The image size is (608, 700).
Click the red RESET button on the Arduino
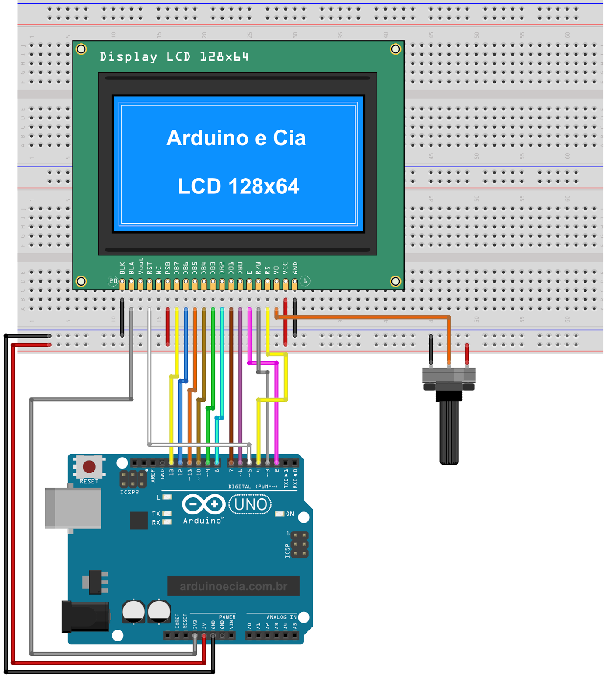pos(89,467)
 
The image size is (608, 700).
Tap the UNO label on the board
pos(250,505)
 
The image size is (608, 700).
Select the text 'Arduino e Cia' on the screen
pos(236,138)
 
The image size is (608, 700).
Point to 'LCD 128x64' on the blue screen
pos(238,186)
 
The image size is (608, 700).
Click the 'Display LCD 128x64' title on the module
pos(174,57)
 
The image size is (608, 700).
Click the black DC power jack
pos(86,616)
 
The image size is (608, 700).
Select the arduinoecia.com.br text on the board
pos(234,586)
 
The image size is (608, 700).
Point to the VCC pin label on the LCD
pos(286,268)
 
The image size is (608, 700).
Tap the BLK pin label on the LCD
pos(122,268)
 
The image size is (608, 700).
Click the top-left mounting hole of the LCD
pos(81,49)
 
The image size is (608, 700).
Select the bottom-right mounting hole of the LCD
pos(395,281)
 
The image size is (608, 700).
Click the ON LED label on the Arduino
pos(290,514)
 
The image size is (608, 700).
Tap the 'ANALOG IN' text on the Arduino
pos(282,617)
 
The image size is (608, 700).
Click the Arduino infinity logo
pos(203,504)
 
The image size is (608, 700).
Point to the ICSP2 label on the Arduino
pos(129,492)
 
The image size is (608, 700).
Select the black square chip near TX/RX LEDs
pos(139,520)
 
